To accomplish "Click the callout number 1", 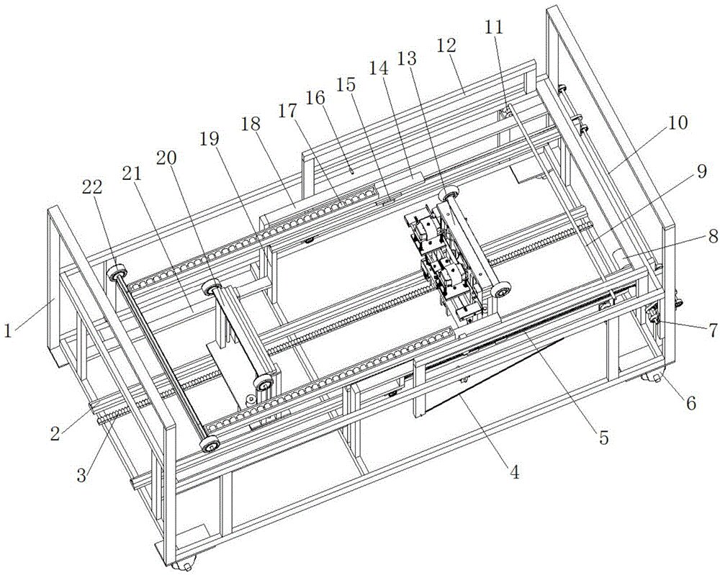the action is [x=8, y=330].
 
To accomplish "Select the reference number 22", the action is [x=92, y=187].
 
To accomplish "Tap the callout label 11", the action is [x=494, y=27].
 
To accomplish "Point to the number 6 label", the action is [x=691, y=403].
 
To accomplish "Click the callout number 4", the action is [x=515, y=472].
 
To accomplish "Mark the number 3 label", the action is [x=81, y=476].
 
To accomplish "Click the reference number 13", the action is [x=407, y=58].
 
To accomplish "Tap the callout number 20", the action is [x=166, y=158].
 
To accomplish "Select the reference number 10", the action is [x=679, y=122].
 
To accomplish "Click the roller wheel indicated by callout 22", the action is [x=117, y=274].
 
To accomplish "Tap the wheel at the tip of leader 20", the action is [x=212, y=289].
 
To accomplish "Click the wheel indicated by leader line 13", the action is [x=449, y=194].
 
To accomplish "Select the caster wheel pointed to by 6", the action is [x=652, y=378].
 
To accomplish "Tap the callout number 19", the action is [x=210, y=139].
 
